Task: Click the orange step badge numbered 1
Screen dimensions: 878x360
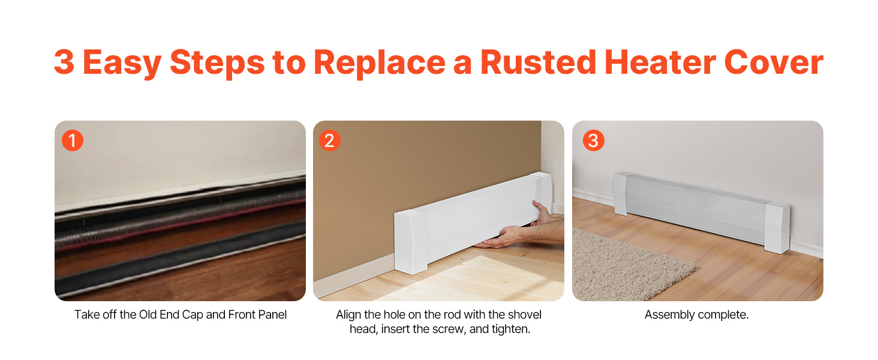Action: tap(73, 140)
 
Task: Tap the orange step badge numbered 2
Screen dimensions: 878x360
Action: tap(330, 140)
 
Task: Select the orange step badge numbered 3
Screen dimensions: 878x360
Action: tap(594, 140)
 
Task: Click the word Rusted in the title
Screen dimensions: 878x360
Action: tap(538, 62)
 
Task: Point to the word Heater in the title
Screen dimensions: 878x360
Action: tap(660, 62)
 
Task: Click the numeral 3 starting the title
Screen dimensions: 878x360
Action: tap(64, 62)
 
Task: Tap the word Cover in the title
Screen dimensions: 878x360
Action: tap(774, 62)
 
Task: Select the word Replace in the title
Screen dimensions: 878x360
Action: tap(380, 64)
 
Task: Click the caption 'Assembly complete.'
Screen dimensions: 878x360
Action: tap(696, 314)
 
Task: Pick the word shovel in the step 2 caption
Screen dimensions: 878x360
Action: tap(522, 314)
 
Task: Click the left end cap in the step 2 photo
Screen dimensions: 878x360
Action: tap(410, 241)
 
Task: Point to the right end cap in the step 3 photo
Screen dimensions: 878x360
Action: tap(777, 227)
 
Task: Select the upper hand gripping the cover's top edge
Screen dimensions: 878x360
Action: tap(543, 213)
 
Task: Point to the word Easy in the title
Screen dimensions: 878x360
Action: tap(122, 64)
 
